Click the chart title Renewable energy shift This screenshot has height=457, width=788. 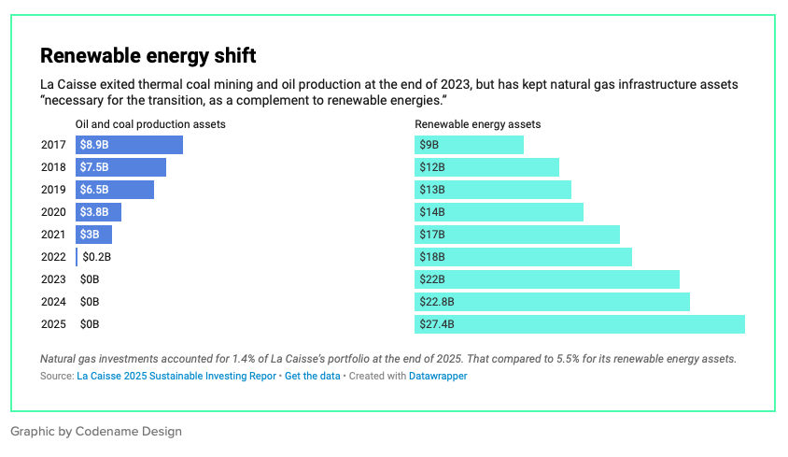coord(148,55)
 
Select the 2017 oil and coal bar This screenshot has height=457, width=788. coord(129,145)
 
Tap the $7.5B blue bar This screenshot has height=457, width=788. coord(120,167)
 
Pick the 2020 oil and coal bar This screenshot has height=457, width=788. coord(99,212)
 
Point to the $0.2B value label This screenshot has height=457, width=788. coord(96,257)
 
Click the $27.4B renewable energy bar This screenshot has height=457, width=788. coord(580,324)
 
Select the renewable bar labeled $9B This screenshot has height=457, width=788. coord(469,145)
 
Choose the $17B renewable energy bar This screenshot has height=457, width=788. coord(517,235)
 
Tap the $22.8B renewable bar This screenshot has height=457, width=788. coord(553,302)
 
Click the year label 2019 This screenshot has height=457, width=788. coord(53,190)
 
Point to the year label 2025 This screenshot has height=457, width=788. coord(53,324)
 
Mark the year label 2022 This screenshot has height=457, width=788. coord(53,257)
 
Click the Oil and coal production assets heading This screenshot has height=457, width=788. coord(150,124)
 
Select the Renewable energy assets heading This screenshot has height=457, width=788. coord(477,124)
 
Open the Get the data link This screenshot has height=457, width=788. coord(313,376)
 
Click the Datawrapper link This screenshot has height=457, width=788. coord(438,376)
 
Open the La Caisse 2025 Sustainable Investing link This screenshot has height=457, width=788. coord(176,376)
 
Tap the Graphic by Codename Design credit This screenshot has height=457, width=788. coord(96,432)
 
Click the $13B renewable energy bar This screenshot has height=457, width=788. coord(493,190)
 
